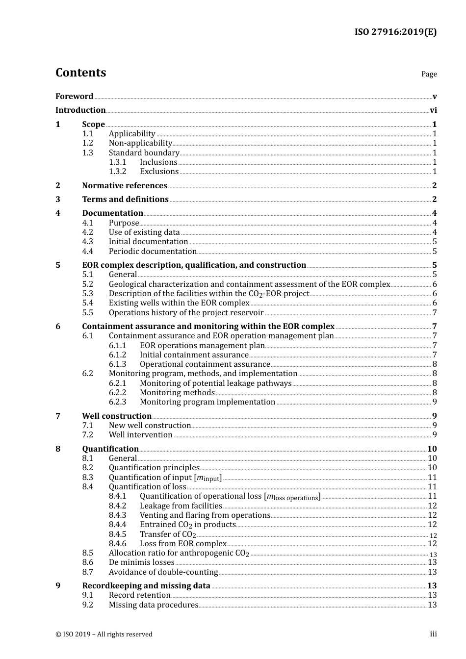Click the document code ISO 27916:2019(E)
point(395,32)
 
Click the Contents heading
point(80,73)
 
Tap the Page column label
point(429,74)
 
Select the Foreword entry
point(74,97)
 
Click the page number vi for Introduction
point(433,110)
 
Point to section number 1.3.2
point(117,172)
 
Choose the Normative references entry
point(125,186)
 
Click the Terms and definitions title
point(125,200)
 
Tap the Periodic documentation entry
point(153,252)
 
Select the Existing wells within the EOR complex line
point(179,303)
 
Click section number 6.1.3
point(117,364)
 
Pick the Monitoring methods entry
point(177,393)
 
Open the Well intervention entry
point(140,435)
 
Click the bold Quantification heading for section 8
point(110,449)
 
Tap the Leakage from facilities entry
point(181,506)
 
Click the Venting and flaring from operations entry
point(205,515)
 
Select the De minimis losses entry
point(141,562)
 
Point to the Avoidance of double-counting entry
point(163,572)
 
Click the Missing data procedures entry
point(154,605)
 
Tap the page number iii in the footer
point(433,634)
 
